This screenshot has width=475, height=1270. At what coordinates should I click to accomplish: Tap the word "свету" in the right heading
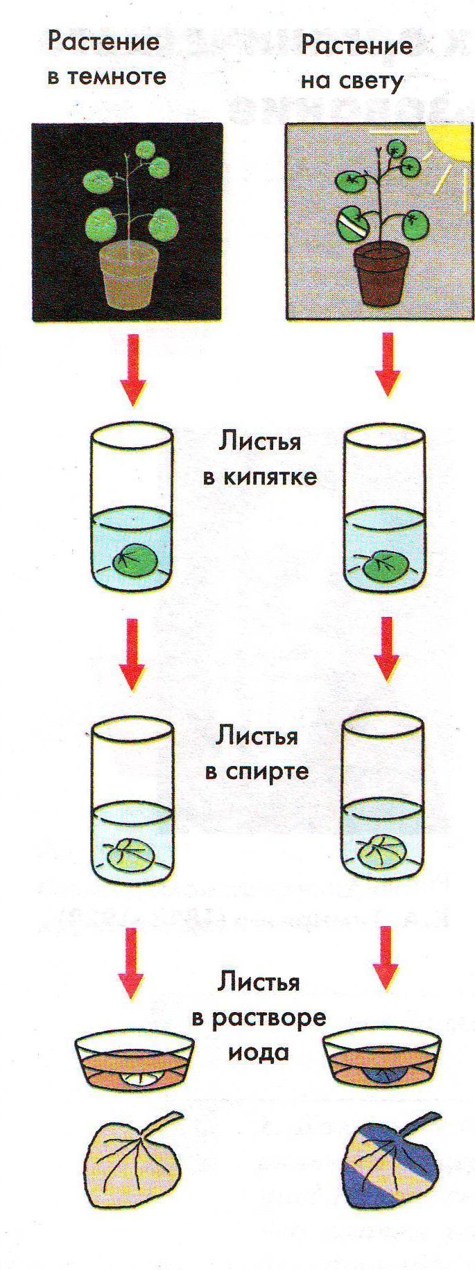[x=372, y=81]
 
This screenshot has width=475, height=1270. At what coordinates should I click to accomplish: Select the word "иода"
[x=261, y=1052]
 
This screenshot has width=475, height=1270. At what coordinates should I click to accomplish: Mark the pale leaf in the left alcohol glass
[x=132, y=854]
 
